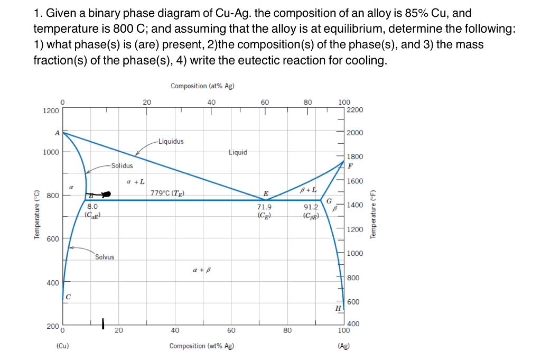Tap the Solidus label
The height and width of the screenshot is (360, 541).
pos(122,165)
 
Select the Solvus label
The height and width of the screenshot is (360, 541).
pos(105,257)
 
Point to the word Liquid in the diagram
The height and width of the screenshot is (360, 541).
pos(238,152)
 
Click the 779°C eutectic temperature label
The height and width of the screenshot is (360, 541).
pos(167,193)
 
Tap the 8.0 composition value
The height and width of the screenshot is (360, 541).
pos(92,207)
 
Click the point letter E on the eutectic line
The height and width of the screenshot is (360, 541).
pos(266,193)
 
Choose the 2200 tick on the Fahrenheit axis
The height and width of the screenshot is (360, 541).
pos(355,110)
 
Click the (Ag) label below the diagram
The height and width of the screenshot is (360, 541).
pos(344,346)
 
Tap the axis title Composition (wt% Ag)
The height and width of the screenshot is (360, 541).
pos(201,346)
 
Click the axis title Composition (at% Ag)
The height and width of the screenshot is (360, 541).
pos(202,86)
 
